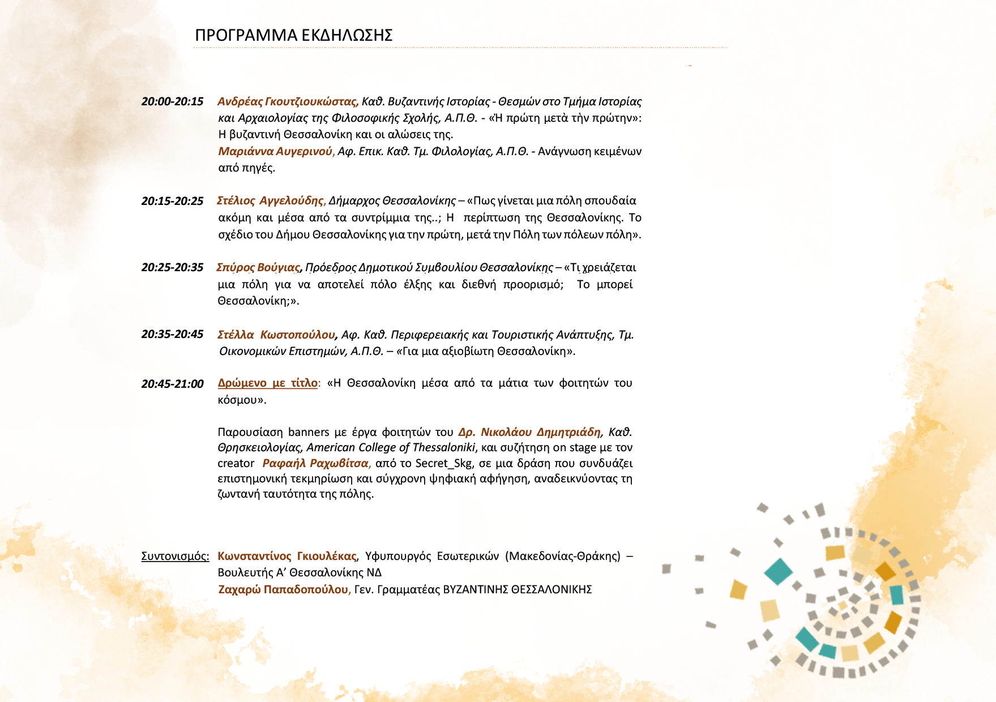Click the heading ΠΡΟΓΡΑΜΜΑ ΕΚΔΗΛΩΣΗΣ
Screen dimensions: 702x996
(x=293, y=35)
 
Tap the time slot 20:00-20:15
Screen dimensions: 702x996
(x=172, y=102)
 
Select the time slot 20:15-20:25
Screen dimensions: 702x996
(x=172, y=201)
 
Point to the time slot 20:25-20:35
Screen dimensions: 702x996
(x=172, y=267)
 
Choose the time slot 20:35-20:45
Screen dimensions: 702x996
(x=172, y=335)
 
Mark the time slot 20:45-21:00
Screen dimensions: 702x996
(x=172, y=384)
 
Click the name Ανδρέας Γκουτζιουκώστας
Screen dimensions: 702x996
(x=287, y=102)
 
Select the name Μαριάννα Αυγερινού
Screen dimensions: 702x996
(x=276, y=151)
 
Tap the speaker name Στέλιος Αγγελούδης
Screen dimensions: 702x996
(x=270, y=201)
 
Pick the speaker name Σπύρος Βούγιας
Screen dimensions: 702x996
(x=258, y=267)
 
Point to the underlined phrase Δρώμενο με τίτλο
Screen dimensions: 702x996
(x=267, y=383)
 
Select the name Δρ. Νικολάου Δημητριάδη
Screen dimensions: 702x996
(x=529, y=432)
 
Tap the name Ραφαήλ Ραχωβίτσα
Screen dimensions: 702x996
(x=315, y=463)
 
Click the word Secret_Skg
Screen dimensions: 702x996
(x=444, y=463)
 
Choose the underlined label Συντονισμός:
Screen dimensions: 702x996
(x=175, y=556)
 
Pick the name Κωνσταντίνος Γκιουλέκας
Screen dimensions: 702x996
(x=287, y=556)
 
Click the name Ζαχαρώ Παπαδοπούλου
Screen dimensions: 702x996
(x=283, y=589)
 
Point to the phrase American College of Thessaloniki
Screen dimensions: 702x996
(x=391, y=447)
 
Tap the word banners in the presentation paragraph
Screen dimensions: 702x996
(x=309, y=432)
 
